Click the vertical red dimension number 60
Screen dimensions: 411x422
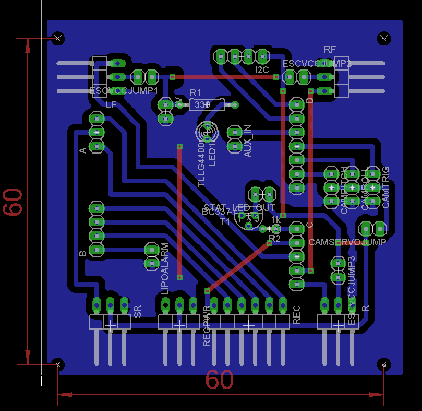(x=13, y=202)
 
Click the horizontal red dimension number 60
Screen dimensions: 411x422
(x=219, y=380)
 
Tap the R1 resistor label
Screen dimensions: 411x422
(x=195, y=92)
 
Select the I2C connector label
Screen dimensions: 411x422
(x=262, y=69)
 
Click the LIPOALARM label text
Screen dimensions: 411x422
(x=165, y=268)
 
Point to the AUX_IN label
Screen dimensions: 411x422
(x=248, y=141)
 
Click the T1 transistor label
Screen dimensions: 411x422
(x=225, y=221)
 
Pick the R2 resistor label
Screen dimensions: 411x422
(x=274, y=238)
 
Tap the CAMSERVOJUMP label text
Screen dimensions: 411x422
(x=347, y=242)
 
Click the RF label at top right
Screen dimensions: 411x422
(x=330, y=50)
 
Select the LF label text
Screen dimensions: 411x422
(x=111, y=105)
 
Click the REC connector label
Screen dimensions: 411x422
(x=297, y=315)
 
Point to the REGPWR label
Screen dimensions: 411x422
(x=207, y=326)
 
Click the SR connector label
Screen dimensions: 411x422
(x=138, y=312)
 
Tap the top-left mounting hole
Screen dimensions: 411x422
(x=58, y=38)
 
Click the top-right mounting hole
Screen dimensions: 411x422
(x=384, y=38)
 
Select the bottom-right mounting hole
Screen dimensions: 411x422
(x=384, y=364)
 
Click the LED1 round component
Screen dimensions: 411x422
(x=208, y=132)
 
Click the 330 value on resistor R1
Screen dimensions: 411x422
(x=200, y=105)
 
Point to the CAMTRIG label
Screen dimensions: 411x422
(x=386, y=187)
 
